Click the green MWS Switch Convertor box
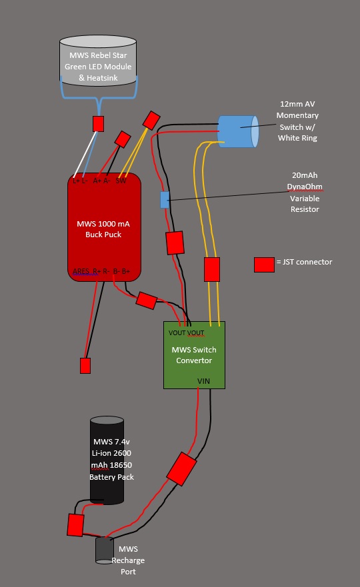point(194,355)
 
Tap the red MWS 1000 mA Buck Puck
point(104,227)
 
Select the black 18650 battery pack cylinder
point(107,460)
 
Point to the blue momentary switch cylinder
point(238,131)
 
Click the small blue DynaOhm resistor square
point(165,199)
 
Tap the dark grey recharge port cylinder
point(105,550)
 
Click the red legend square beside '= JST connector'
point(264,265)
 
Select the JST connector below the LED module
point(98,123)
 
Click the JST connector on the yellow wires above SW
point(151,120)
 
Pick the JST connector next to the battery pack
point(75,525)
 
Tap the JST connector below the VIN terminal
point(182,469)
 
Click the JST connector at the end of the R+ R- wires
point(85,366)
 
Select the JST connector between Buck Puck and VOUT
point(147,300)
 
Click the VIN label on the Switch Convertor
point(203,381)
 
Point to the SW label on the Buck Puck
point(121,181)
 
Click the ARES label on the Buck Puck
point(81,271)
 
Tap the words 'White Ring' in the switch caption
point(297,138)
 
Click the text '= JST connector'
point(304,262)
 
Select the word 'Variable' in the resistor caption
point(305,199)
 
